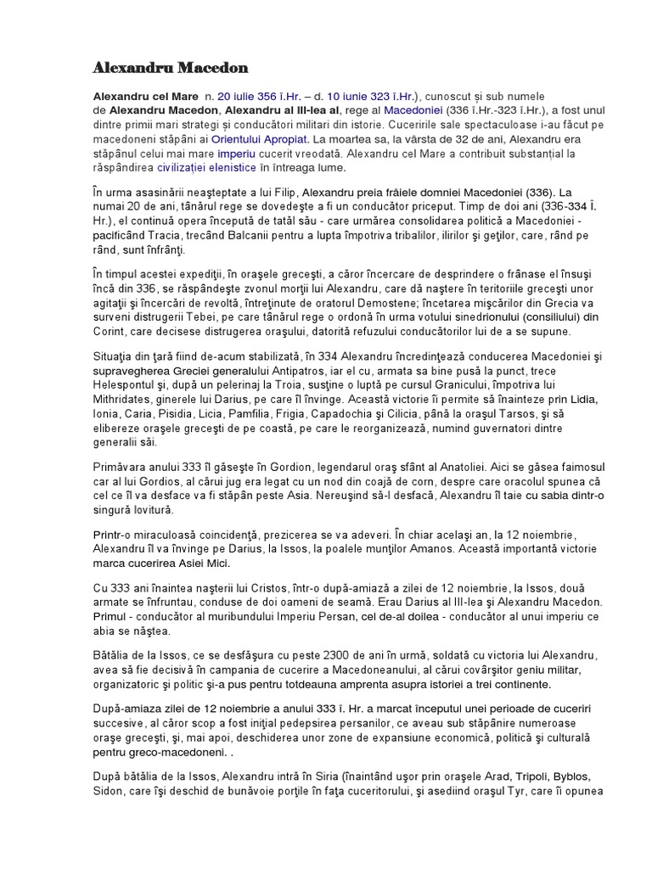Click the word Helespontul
pos(126,387)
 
